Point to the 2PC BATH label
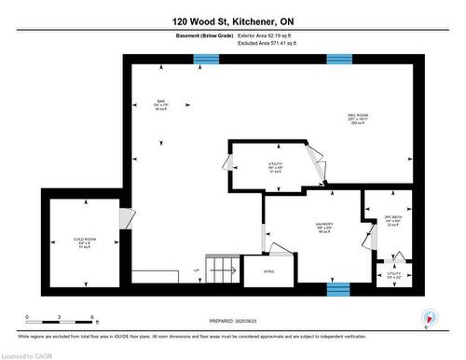(x=391, y=220)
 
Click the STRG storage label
(x=270, y=272)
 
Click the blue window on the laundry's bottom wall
(x=337, y=286)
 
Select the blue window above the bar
(x=206, y=60)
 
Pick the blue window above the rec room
(x=338, y=60)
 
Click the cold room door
(x=125, y=218)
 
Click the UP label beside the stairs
(x=196, y=270)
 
